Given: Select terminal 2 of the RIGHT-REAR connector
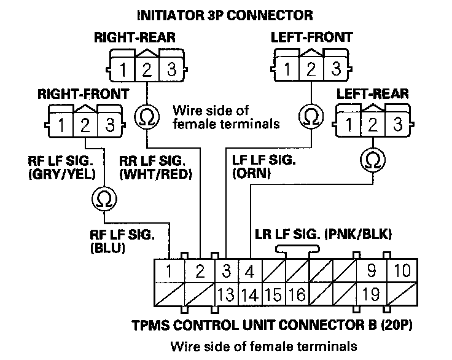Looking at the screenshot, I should point(147,68).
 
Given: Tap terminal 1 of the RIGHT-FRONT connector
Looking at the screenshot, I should point(63,125).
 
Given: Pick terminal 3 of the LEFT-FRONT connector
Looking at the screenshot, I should point(337,68).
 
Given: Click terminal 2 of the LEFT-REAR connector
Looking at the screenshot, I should point(372,125).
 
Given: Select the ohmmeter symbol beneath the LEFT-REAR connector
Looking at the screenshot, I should point(372,160).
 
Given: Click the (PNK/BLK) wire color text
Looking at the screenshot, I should point(361,234).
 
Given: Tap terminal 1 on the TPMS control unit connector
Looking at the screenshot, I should point(168,271).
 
